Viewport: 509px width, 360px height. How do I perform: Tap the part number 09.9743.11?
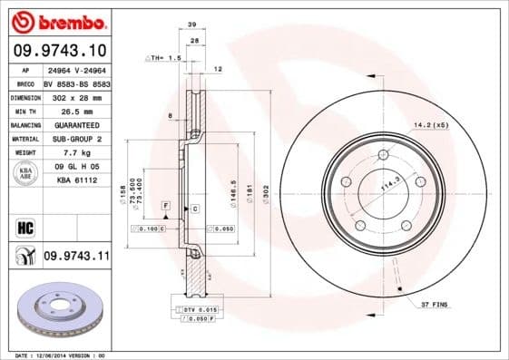click(x=75, y=258)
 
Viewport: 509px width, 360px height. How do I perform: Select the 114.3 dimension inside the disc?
click(x=388, y=187)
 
